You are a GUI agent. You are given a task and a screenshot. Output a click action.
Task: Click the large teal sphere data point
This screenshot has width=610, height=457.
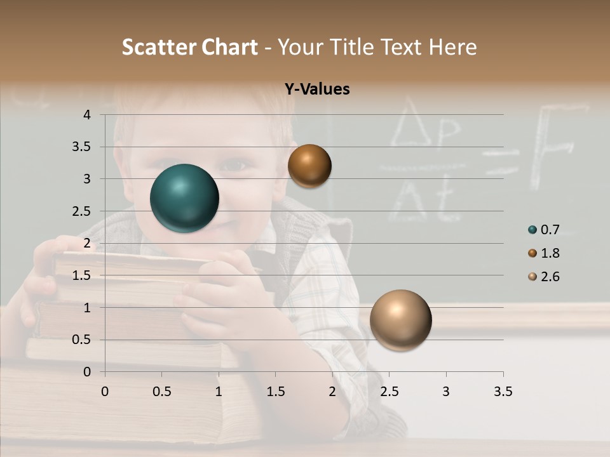tap(185, 198)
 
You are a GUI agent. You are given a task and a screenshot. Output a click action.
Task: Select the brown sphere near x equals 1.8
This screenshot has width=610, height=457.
tap(309, 166)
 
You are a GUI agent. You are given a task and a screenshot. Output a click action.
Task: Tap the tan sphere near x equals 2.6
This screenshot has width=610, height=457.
tap(400, 320)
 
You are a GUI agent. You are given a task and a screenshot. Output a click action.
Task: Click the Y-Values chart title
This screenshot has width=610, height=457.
tap(316, 89)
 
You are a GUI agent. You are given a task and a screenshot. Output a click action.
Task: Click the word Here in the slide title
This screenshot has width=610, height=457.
tap(452, 47)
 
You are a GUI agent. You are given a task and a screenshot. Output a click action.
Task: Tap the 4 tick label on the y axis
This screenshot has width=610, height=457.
tap(87, 115)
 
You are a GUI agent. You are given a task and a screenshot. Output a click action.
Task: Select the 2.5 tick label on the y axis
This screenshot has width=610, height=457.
tap(81, 211)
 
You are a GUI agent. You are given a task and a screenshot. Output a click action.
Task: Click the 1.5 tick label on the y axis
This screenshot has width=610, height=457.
tap(81, 275)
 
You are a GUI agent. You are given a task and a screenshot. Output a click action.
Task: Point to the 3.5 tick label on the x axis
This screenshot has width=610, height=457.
tap(503, 392)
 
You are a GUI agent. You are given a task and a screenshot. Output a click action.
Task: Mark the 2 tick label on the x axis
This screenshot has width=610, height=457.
tap(332, 392)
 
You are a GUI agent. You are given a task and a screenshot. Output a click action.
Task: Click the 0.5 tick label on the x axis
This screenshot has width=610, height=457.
tap(162, 392)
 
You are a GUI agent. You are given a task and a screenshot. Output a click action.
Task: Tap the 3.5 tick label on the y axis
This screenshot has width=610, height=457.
tap(81, 147)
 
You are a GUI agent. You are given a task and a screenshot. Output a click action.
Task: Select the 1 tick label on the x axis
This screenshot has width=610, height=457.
tap(219, 392)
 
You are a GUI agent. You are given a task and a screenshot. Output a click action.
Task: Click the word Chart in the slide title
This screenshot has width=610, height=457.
tap(231, 47)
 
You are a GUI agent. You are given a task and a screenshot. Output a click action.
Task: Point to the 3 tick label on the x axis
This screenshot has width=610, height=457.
tap(446, 392)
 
